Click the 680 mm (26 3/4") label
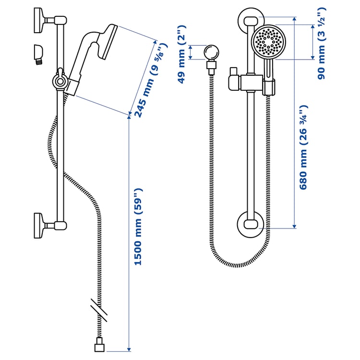304,147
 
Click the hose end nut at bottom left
100,344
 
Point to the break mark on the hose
99,310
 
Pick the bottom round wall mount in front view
250,225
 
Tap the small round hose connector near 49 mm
211,52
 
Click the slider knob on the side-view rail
59,81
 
